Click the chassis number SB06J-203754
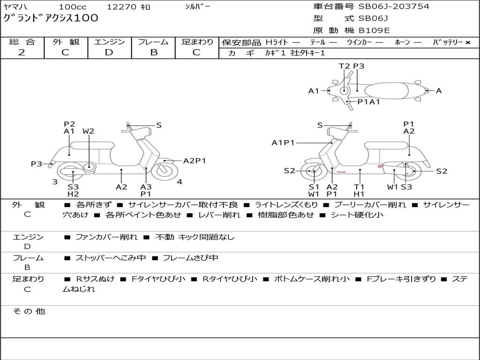394,7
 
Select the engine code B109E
374,31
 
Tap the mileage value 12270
121,7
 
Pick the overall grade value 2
22,52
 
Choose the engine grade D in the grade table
109,52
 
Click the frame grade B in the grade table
153,52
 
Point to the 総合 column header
22,42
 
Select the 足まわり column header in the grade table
197,42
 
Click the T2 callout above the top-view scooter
344,66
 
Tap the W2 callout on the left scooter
88,131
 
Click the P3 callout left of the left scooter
37,164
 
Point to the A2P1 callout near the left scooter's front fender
194,161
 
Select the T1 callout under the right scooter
359,187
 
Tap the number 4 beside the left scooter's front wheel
180,182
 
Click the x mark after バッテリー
467,43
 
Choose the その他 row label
29,311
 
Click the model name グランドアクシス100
51,18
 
